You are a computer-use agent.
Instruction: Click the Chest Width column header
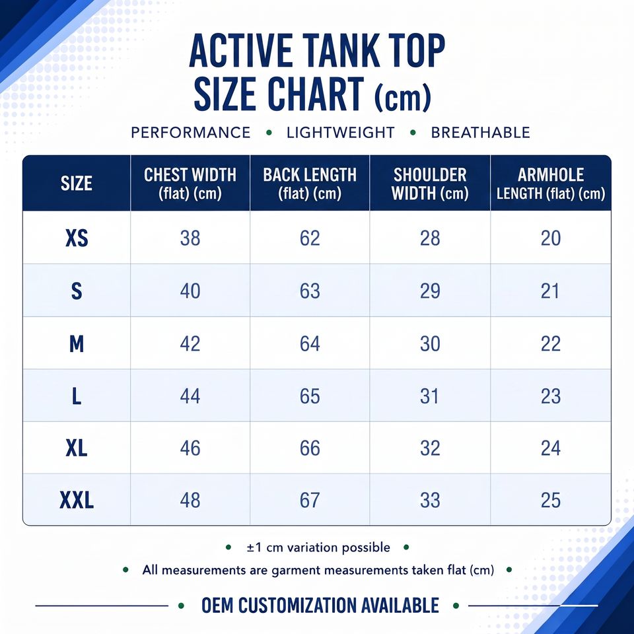click(190, 184)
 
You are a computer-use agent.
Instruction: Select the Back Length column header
click(310, 184)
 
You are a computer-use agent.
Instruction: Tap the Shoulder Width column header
click(430, 184)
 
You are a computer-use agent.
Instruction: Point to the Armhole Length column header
click(551, 184)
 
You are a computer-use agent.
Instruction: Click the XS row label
click(77, 238)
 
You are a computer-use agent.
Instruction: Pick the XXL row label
click(77, 500)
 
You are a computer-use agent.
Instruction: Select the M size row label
click(77, 343)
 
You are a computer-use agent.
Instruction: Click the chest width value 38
click(190, 238)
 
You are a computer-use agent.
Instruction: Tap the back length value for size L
click(310, 396)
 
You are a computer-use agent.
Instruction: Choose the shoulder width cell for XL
click(430, 448)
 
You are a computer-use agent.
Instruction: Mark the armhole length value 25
click(551, 500)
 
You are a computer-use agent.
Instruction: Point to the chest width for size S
click(190, 291)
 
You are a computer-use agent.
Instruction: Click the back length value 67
click(310, 500)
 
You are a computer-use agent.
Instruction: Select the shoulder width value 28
click(430, 238)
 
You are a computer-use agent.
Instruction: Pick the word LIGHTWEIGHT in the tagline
click(341, 133)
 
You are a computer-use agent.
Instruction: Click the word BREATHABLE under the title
click(480, 133)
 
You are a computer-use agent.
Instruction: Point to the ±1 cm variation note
click(318, 547)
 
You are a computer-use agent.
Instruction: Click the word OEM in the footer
click(217, 606)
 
